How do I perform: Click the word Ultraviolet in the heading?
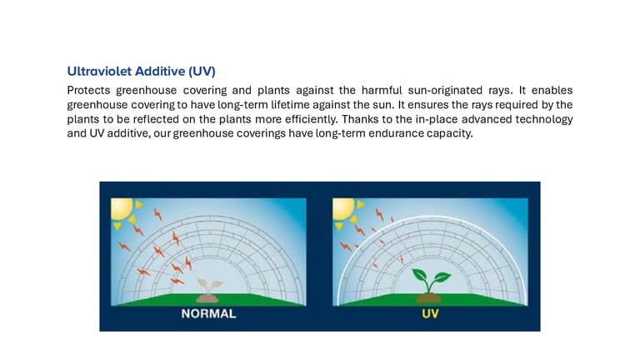coord(99,72)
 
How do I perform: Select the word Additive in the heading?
coord(160,72)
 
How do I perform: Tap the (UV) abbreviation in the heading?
coord(202,72)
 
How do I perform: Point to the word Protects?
coord(88,90)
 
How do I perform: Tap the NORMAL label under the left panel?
coord(208,313)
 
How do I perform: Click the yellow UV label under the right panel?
coord(430,313)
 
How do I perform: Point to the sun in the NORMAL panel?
coord(122,208)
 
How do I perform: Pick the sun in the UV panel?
coord(343,208)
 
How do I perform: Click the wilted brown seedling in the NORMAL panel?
coord(208,290)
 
